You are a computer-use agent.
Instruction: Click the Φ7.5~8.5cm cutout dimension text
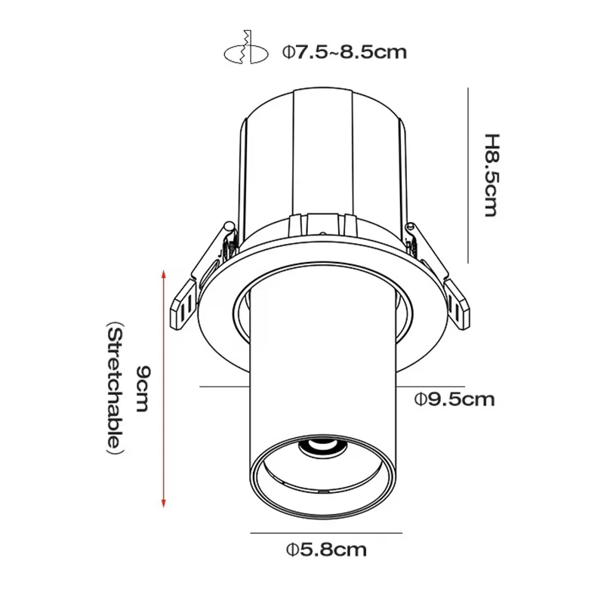(345, 52)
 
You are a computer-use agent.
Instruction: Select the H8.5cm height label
(492, 175)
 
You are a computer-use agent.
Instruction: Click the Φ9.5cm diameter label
(455, 399)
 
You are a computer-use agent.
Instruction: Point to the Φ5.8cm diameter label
(326, 550)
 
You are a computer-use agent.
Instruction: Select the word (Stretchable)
(113, 390)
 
